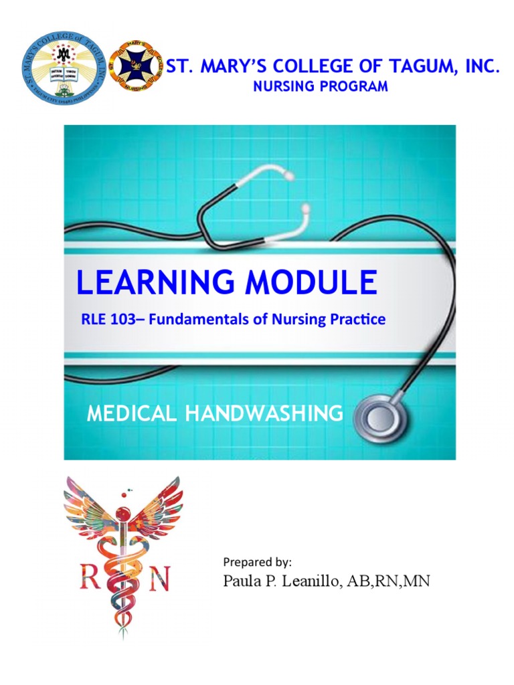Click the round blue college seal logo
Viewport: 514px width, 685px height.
64,68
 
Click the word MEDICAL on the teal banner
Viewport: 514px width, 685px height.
133,414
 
